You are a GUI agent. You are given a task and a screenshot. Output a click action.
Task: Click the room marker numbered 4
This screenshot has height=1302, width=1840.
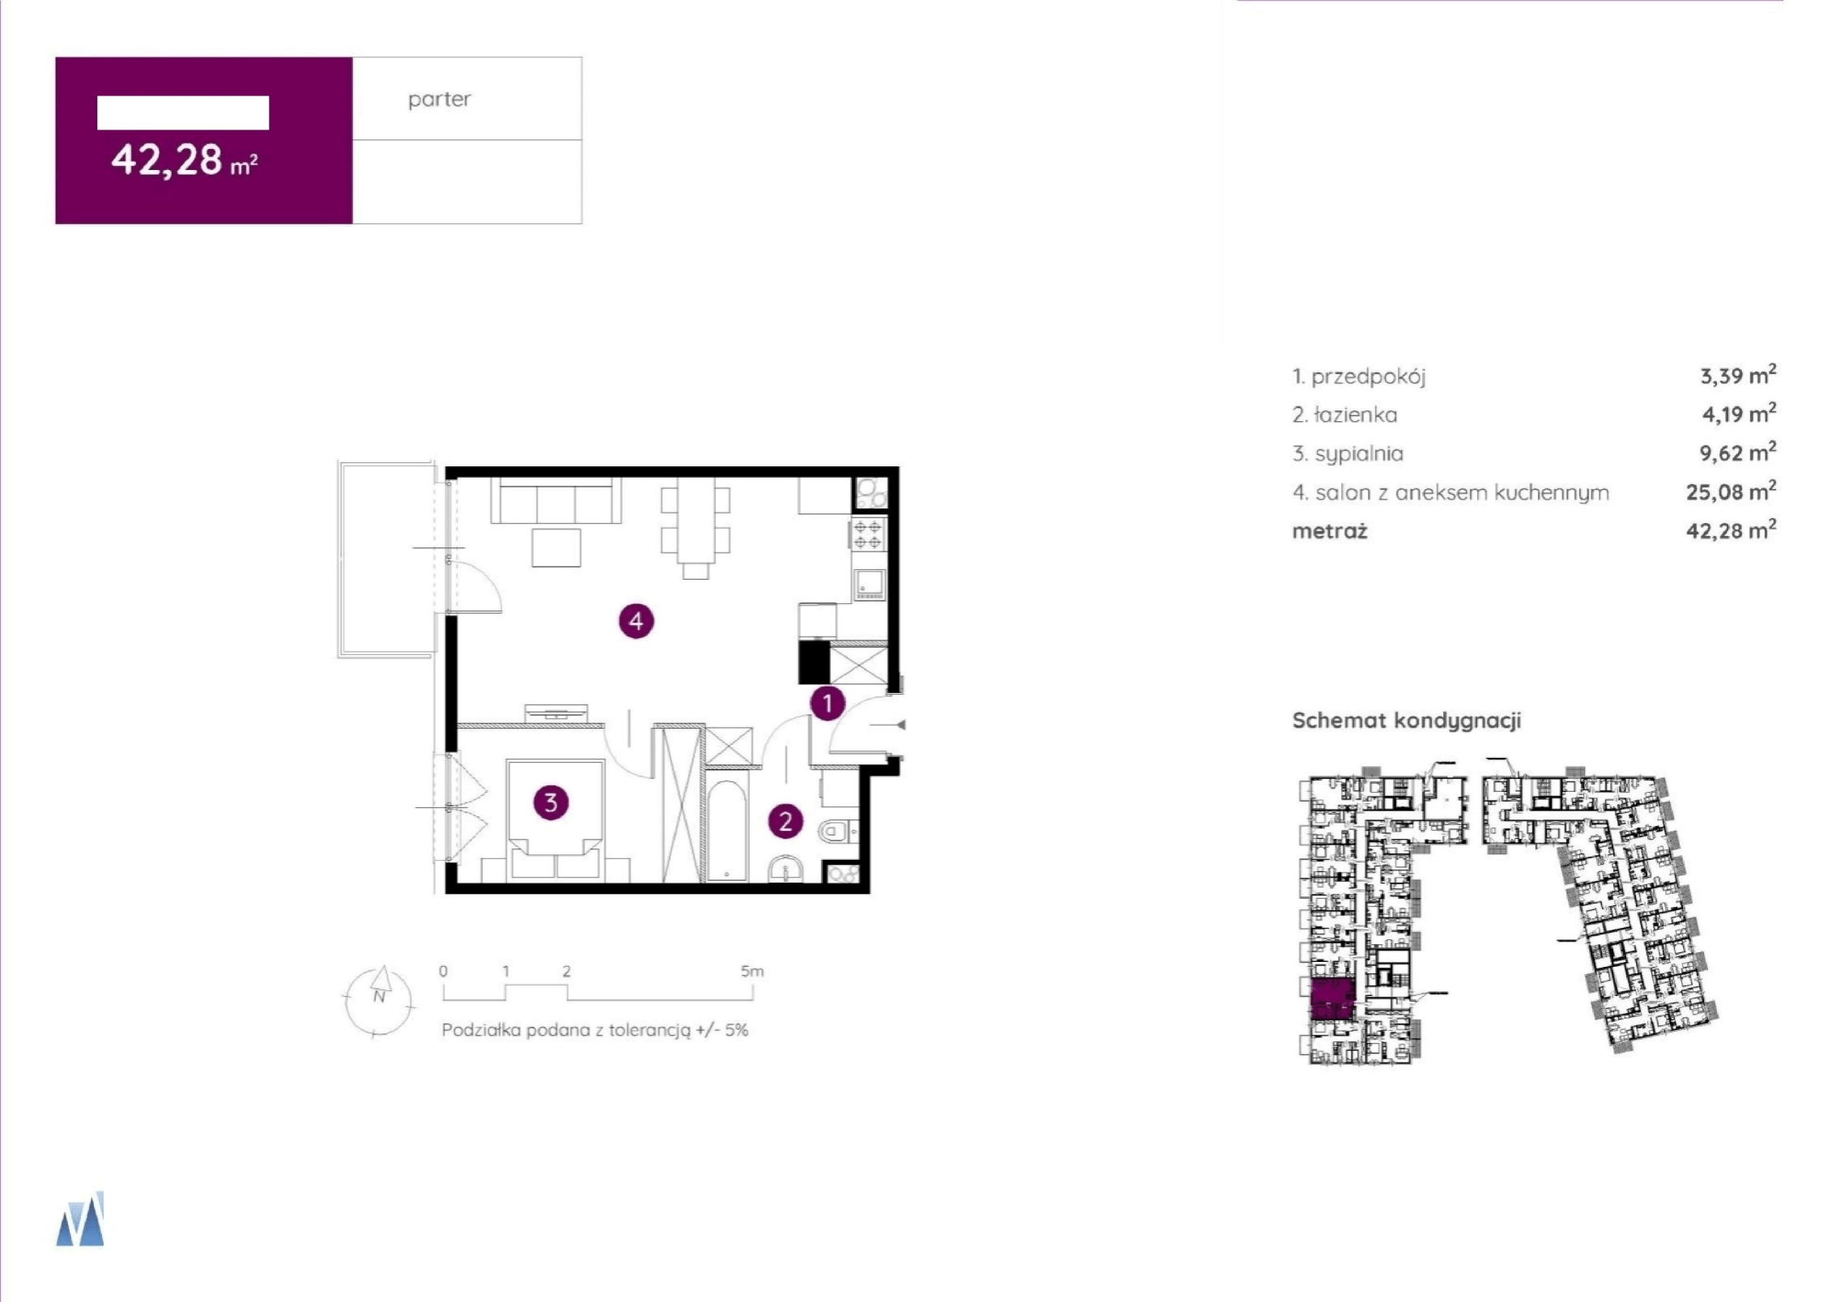tap(636, 621)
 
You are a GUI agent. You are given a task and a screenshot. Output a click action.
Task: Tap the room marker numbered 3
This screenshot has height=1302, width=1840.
tap(551, 802)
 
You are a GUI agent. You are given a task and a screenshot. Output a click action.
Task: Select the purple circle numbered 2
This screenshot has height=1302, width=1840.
tap(785, 822)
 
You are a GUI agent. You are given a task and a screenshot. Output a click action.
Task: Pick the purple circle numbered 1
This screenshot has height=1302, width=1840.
tap(828, 703)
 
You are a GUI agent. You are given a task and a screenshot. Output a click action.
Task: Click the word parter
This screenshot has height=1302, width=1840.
tap(439, 100)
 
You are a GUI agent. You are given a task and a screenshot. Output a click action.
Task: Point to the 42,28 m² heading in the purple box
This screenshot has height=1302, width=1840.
tap(185, 160)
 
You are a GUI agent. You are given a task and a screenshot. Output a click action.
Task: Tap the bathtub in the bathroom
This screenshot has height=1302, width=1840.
tap(726, 830)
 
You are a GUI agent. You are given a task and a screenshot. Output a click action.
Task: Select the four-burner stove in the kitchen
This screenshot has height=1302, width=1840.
tap(867, 535)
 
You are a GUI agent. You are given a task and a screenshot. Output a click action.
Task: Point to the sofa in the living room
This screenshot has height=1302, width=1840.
tap(556, 501)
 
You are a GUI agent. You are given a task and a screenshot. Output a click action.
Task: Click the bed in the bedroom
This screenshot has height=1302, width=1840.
tap(556, 819)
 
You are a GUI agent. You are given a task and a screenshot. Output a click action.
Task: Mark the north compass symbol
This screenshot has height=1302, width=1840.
tap(379, 1001)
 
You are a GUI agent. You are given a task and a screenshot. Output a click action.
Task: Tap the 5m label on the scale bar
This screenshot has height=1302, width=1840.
tap(752, 971)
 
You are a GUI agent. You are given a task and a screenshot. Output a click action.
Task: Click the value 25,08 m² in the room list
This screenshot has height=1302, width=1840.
tap(1731, 491)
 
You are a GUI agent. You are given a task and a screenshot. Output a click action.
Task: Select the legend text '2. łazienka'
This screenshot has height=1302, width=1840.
tap(1344, 415)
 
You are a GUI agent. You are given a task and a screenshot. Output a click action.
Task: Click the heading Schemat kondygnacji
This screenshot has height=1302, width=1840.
tap(1407, 721)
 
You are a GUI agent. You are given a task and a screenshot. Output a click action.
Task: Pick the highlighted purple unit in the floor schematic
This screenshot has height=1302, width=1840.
tap(1332, 999)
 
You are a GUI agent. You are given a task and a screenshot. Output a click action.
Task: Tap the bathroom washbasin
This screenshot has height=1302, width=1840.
tap(785, 869)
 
